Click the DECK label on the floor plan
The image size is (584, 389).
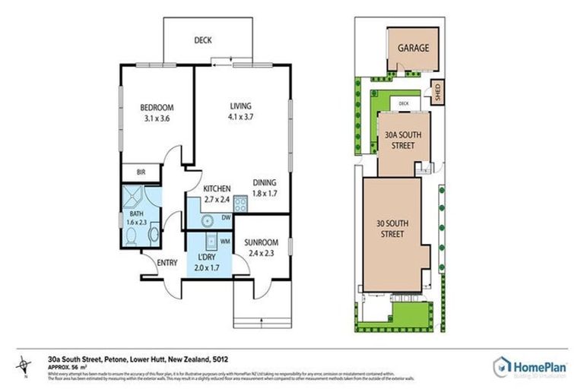pos(202,41)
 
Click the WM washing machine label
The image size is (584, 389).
pos(224,242)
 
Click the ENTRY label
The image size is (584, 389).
pos(167,263)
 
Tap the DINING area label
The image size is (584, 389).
pos(264,182)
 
